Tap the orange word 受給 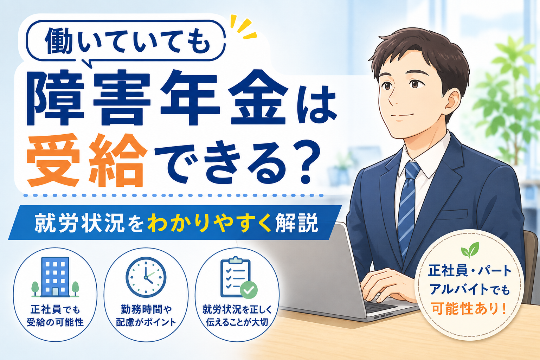coord(86,160)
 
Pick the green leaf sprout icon coord(470,250)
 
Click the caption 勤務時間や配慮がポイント coord(146,316)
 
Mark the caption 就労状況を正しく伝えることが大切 coord(237,316)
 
